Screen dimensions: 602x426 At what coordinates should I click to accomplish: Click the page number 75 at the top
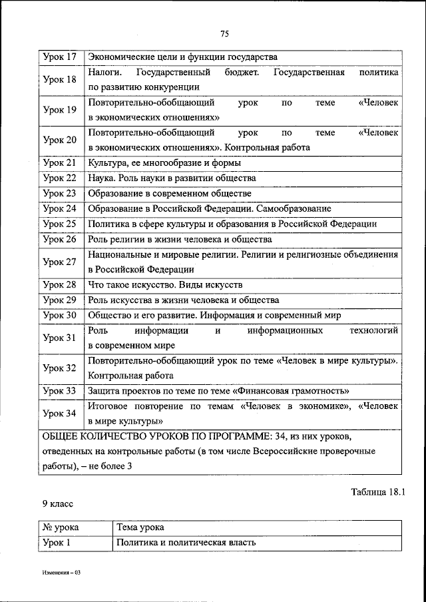click(224, 35)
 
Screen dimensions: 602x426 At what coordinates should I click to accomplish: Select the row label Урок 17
click(59, 57)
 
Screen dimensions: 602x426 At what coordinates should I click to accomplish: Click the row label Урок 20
click(59, 140)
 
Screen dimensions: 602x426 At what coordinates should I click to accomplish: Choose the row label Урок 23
click(59, 193)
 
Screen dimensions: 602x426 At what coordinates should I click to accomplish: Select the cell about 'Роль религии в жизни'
click(180, 239)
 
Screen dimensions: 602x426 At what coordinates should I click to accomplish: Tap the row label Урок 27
click(59, 262)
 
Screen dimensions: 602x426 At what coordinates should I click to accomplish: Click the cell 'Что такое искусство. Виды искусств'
click(165, 285)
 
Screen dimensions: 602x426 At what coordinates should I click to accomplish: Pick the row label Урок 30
click(59, 316)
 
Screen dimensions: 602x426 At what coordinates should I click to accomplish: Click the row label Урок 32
click(59, 368)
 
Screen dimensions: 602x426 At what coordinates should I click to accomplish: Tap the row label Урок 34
click(59, 414)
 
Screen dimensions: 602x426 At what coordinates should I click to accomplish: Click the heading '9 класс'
click(57, 505)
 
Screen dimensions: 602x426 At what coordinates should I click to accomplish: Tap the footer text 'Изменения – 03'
click(58, 573)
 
